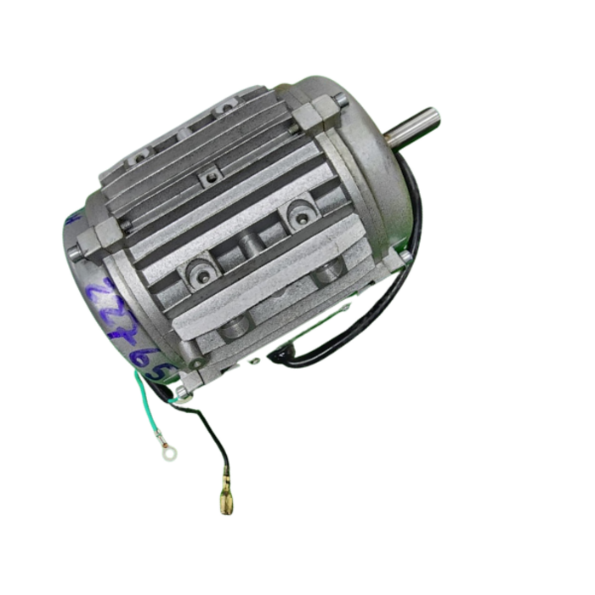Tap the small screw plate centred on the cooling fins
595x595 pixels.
[207, 178]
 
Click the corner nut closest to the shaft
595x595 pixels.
[341, 101]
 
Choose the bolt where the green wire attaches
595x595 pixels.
[181, 392]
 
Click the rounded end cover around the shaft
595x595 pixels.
[374, 187]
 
